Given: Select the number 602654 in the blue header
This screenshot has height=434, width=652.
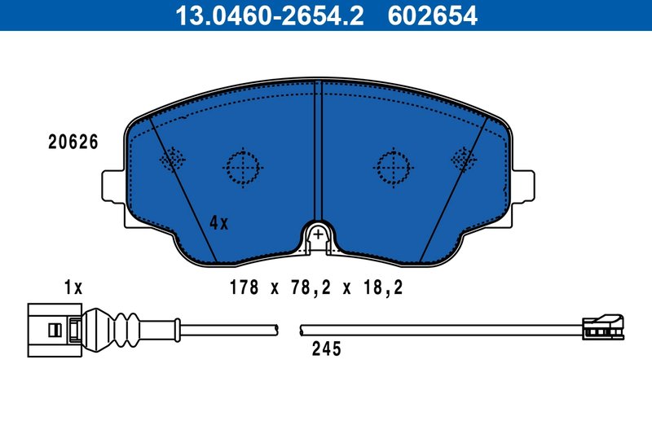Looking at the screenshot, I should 429,15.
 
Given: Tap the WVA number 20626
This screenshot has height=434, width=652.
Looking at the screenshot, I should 73,142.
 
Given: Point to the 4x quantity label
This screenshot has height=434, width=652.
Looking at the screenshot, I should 218,221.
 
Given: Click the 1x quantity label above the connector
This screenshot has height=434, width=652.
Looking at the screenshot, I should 73,287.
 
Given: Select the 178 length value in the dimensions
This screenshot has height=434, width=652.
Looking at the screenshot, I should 243,287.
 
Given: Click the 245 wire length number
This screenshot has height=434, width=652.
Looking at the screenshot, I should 326,350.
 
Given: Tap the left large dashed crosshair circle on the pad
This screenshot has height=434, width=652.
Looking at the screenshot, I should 242,167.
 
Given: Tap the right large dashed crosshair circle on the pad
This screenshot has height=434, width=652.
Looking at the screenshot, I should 393,167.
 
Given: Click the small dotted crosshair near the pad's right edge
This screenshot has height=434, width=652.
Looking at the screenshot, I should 464,159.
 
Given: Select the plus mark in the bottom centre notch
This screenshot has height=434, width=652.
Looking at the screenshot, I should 318,235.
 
